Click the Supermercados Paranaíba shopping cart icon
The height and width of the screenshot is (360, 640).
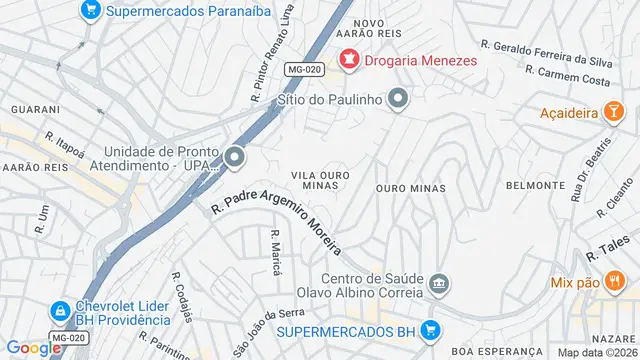[90, 11]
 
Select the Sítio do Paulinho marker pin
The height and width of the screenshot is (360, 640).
[398, 98]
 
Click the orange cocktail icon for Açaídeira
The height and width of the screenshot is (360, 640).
[609, 115]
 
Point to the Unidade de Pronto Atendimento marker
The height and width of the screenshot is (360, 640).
[234, 157]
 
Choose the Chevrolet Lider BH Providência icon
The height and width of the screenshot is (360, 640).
[59, 311]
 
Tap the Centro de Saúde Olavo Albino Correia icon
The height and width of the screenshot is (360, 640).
[438, 286]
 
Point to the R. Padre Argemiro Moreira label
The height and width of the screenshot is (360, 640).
[277, 220]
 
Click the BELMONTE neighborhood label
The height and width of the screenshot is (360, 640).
[535, 185]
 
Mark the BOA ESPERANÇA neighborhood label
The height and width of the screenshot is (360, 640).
[489, 352]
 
